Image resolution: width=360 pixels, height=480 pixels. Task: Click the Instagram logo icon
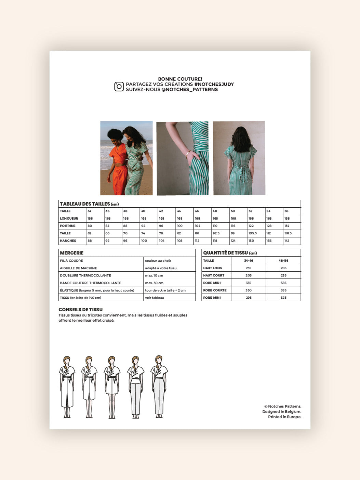click(x=119, y=87)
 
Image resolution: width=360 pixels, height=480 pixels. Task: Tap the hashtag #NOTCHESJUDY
click(x=214, y=84)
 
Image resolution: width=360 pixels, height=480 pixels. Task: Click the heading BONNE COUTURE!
click(x=180, y=79)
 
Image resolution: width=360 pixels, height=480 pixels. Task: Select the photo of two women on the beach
click(x=126, y=158)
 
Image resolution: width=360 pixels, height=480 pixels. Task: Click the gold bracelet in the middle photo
click(x=188, y=154)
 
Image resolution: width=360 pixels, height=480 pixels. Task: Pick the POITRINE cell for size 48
click(x=215, y=226)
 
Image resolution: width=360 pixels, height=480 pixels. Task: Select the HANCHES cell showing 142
click(x=287, y=241)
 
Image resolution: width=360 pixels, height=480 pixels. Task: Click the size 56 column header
click(x=286, y=211)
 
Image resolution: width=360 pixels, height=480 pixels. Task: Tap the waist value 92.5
click(x=216, y=233)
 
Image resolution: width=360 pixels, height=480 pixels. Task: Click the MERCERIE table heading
click(x=72, y=253)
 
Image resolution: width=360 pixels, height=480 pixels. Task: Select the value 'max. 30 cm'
click(x=154, y=283)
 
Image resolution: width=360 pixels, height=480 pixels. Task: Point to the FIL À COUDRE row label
click(x=71, y=261)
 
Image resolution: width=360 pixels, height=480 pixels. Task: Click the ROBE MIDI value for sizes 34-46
click(x=249, y=283)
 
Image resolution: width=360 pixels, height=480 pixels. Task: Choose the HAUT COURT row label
click(x=214, y=275)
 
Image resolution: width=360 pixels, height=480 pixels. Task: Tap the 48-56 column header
click(x=283, y=261)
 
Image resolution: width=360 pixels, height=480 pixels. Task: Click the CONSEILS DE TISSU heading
click(x=81, y=310)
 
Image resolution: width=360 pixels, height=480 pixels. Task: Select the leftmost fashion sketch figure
click(x=67, y=387)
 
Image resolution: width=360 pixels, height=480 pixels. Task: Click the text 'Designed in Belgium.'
click(x=282, y=412)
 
